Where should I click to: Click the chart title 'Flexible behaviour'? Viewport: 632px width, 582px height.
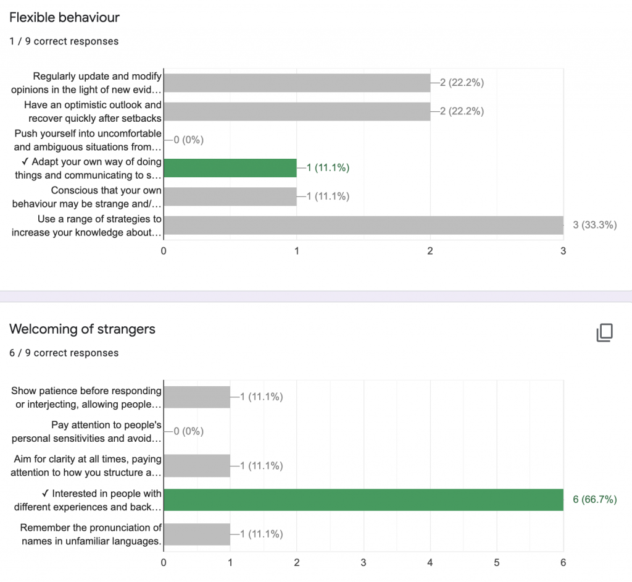click(64, 17)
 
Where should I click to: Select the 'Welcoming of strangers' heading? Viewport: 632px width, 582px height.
click(82, 329)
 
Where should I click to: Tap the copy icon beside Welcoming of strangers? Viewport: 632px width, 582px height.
click(604, 332)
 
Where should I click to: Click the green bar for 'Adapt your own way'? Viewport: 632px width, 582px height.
click(230, 168)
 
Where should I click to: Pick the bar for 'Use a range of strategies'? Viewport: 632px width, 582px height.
click(364, 225)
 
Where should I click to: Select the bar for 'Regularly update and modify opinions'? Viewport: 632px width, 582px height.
click(297, 83)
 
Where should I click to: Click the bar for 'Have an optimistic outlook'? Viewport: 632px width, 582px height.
click(297, 111)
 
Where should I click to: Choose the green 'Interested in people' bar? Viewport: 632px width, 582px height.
click(364, 500)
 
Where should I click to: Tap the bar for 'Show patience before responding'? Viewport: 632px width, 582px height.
click(197, 397)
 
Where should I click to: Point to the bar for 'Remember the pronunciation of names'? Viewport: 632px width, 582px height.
click(197, 534)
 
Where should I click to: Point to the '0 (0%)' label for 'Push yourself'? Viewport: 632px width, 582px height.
click(188, 140)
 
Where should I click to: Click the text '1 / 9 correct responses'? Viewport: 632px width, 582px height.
click(64, 41)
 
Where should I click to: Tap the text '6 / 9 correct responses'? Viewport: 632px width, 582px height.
click(64, 353)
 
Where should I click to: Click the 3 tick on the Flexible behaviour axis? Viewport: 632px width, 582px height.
click(563, 251)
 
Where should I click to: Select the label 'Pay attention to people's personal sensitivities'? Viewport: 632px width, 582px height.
click(86, 431)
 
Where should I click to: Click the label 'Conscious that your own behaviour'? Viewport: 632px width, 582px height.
click(88, 196)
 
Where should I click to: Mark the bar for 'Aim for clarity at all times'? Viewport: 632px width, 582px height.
click(197, 465)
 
